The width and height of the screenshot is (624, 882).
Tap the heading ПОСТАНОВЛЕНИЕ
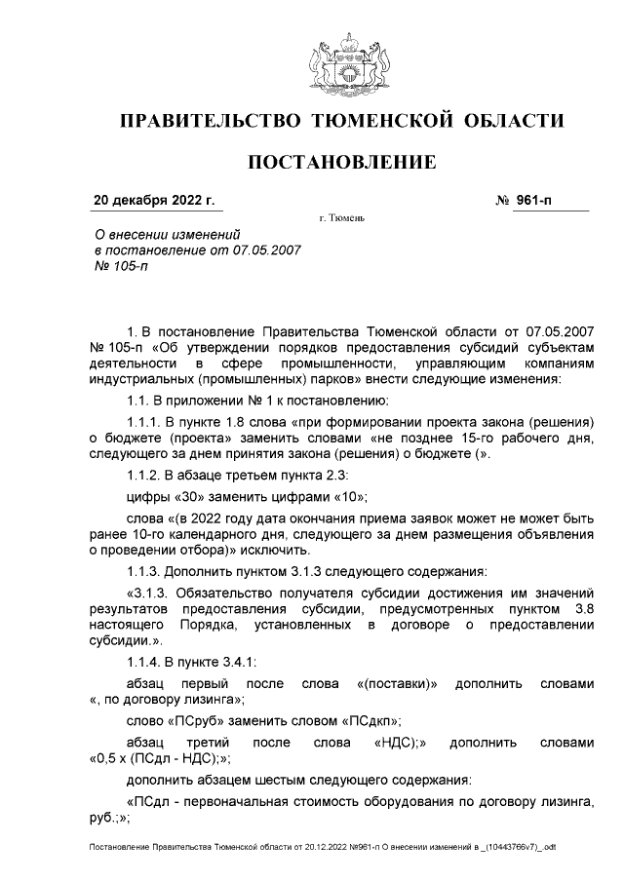(x=341, y=162)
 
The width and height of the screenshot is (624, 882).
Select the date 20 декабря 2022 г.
(x=153, y=202)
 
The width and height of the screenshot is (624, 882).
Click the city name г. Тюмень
(x=341, y=217)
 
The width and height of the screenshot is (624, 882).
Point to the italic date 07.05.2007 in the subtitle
(x=266, y=249)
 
